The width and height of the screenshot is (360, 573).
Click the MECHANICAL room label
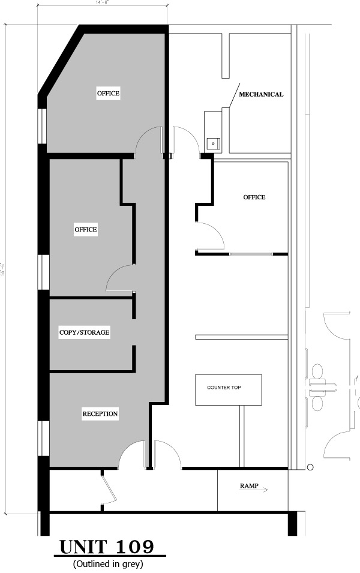coord(261,94)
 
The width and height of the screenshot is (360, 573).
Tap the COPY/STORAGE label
coord(84,332)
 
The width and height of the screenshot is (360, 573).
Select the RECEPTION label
coord(100,414)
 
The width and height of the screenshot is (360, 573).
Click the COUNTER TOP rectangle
coord(228,389)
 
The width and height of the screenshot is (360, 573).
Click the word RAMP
coord(249,486)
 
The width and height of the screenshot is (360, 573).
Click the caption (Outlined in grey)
coord(108,564)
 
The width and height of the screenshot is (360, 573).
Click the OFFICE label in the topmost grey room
coord(109,93)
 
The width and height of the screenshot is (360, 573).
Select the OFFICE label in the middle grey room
coord(86,229)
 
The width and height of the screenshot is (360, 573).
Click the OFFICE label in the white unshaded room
coord(254,197)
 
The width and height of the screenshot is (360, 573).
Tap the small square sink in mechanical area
coord(212,143)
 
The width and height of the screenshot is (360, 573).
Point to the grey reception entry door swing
coord(132,455)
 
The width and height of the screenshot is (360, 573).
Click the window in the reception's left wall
coord(43,439)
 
